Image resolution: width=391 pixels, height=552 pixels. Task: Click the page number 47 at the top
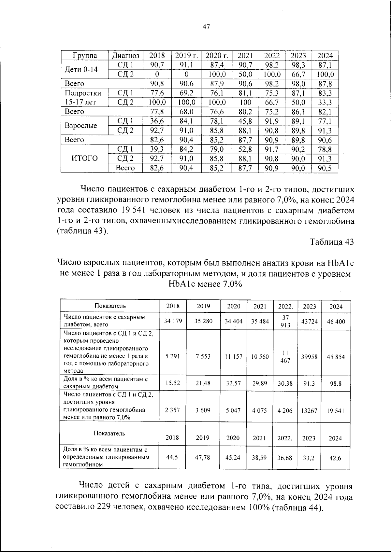click(206, 27)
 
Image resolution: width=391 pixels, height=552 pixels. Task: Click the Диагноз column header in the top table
click(125, 55)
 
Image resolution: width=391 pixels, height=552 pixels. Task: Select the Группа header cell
click(85, 55)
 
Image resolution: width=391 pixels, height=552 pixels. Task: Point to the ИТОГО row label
click(84, 159)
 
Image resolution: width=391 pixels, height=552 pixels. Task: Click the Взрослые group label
click(81, 126)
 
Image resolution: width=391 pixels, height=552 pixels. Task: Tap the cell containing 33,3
click(325, 103)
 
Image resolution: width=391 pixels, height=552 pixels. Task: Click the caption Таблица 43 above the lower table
click(331, 242)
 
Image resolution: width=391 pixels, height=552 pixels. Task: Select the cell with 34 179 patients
click(173, 321)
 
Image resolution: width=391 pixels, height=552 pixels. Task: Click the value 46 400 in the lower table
click(336, 321)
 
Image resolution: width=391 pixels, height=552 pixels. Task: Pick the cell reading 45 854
click(336, 357)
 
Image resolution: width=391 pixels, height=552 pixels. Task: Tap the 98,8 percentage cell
click(335, 384)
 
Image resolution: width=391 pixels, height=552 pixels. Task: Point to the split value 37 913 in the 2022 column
click(285, 321)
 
